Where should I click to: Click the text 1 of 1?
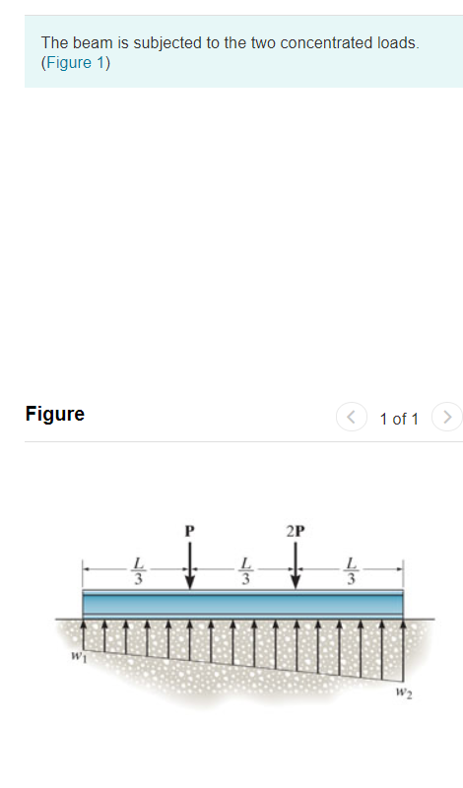click(399, 419)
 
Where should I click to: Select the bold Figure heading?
click(55, 414)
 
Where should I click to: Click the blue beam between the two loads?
click(242, 603)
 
